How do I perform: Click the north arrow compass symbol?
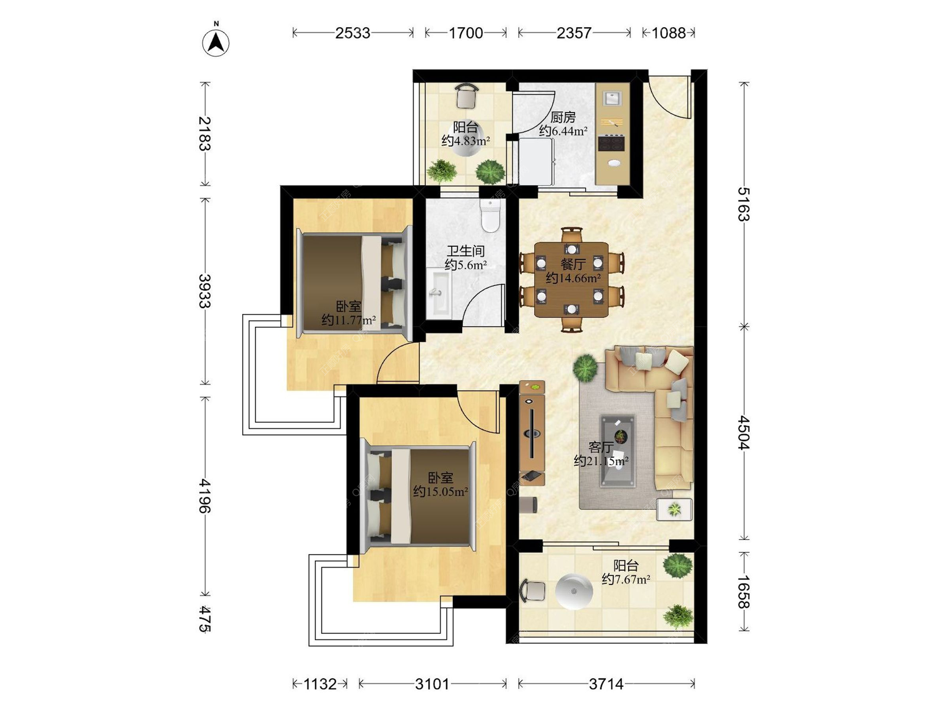pos(216,43)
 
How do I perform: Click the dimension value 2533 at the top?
pos(352,33)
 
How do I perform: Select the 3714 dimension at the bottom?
pos(606,684)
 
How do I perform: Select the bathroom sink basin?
pos(438,292)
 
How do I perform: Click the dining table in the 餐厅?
pos(571,279)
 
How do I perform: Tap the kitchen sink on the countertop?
pos(612,98)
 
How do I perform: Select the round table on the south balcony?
pos(574,591)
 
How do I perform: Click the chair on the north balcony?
pos(467,95)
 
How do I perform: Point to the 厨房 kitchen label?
pos(563,117)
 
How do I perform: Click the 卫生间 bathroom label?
pos(466,251)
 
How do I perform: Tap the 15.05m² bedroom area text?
pos(440,492)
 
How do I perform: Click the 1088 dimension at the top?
pos(668,33)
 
